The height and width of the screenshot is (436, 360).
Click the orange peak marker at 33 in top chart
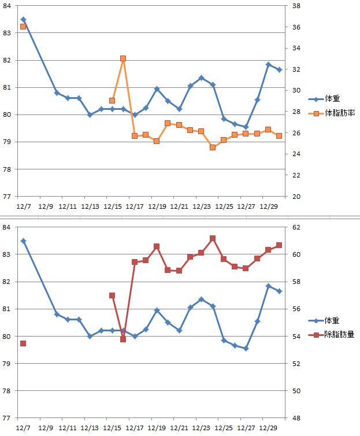(x=123, y=58)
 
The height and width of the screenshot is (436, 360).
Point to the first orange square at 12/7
(x=23, y=27)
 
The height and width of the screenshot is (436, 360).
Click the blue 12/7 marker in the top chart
(x=23, y=19)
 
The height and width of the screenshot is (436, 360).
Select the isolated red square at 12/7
(x=23, y=343)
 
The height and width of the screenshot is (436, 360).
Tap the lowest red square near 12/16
(x=123, y=339)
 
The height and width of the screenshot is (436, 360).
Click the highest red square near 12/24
(x=213, y=238)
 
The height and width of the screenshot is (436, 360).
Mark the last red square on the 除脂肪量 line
(x=279, y=245)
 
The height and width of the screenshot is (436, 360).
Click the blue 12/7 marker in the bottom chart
(x=23, y=241)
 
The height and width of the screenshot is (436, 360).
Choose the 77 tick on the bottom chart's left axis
(x=8, y=417)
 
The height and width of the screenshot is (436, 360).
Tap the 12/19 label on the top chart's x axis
(x=157, y=206)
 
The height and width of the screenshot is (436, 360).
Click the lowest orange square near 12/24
(x=213, y=147)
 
